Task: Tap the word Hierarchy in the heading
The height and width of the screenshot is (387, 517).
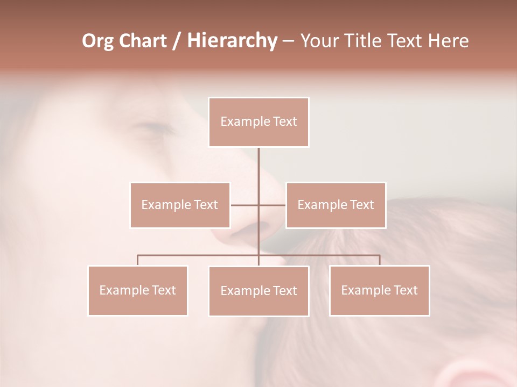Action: pos(232,41)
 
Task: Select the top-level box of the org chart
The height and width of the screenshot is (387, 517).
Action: pos(258,122)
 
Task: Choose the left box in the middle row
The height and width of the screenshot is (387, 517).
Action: pos(180,205)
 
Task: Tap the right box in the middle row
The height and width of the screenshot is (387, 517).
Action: pos(336,205)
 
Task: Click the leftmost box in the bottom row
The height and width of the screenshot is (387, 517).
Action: pos(138,290)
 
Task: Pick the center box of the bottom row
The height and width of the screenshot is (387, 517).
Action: pos(258,291)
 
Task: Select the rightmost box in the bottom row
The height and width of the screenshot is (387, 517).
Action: pos(379,290)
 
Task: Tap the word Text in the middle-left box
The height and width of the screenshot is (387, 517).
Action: pos(205,205)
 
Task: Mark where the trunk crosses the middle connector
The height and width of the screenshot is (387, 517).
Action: pos(258,205)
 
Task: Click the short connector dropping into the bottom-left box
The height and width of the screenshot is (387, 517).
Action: pos(138,260)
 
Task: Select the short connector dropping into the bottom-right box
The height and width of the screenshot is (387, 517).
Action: pos(380,260)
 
